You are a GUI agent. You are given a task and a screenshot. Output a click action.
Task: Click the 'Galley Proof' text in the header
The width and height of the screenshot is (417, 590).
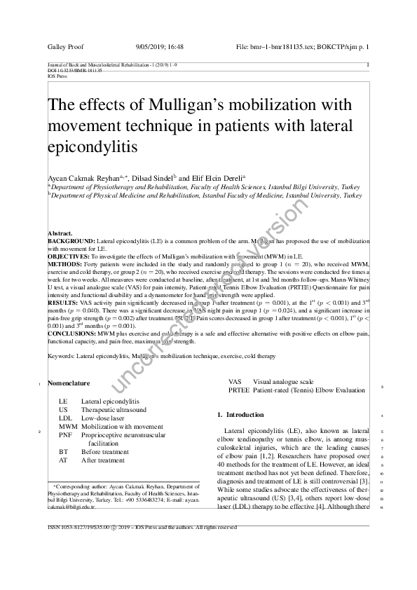point(65,47)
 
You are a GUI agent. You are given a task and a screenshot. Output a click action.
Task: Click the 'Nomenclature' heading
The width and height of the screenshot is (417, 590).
point(69,384)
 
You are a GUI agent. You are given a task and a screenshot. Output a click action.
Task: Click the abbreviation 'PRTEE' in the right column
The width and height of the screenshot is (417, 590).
point(239,390)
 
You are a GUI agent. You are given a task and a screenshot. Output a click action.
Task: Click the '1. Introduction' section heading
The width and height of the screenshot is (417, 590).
point(240,416)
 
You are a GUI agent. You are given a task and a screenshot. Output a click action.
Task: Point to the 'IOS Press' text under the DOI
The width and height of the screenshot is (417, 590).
point(54,76)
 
